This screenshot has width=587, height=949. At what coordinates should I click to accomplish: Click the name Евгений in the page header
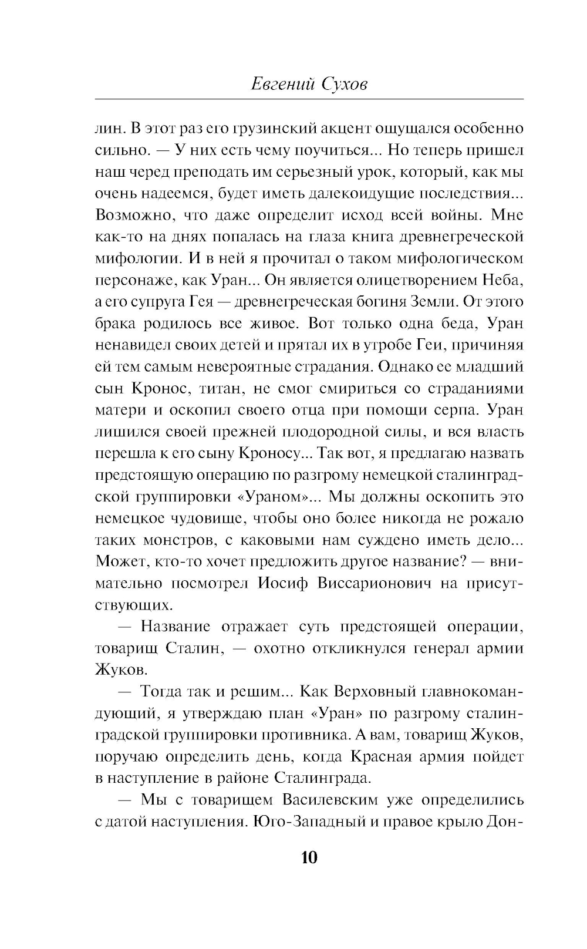pyautogui.click(x=282, y=85)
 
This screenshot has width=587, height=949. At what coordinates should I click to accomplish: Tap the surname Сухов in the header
pyautogui.click(x=345, y=85)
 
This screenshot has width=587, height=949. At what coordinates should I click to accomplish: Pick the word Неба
pyautogui.click(x=504, y=280)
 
